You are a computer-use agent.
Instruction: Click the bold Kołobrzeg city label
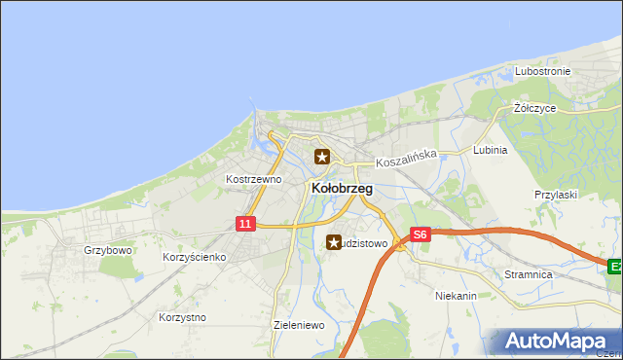pyautogui.click(x=341, y=188)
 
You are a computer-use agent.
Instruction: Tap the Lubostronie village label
pyautogui.click(x=542, y=72)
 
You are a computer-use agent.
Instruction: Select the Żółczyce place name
pyautogui.click(x=535, y=108)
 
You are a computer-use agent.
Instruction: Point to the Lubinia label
pyautogui.click(x=490, y=151)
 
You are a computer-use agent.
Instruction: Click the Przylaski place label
pyautogui.click(x=556, y=195)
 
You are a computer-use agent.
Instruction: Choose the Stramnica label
pyautogui.click(x=529, y=275)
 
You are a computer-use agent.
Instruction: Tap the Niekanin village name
pyautogui.click(x=456, y=295)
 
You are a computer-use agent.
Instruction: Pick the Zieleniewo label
pyautogui.click(x=299, y=325)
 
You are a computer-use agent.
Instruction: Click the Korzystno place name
pyautogui.click(x=182, y=317)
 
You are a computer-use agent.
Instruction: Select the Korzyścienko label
pyautogui.click(x=195, y=257)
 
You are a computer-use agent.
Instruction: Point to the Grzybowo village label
pyautogui.click(x=107, y=250)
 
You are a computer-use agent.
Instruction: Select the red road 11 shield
pyautogui.click(x=245, y=224)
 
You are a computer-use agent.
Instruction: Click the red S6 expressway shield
pyautogui.click(x=420, y=234)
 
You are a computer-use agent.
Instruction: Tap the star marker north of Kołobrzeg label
pyautogui.click(x=322, y=156)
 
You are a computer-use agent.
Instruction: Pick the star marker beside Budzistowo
pyautogui.click(x=334, y=242)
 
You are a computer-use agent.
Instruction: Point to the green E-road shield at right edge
pyautogui.click(x=615, y=266)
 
